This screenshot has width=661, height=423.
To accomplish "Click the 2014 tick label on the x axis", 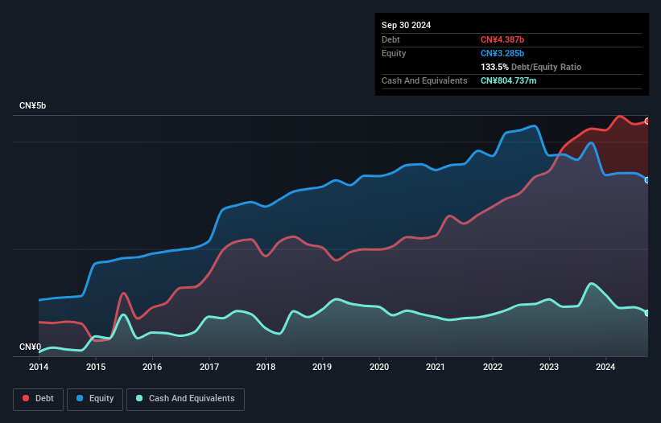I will tap(39, 367).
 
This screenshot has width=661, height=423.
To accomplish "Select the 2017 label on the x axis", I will tap(209, 367).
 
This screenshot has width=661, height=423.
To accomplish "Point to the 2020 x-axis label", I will tap(378, 367).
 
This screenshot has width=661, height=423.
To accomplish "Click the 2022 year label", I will tap(492, 367).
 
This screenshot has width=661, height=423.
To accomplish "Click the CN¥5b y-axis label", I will tap(33, 106).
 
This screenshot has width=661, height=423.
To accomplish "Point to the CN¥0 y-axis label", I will tap(30, 347).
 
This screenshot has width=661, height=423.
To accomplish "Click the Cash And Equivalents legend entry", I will tap(185, 398).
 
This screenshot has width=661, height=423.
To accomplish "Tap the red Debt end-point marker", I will tap(647, 121).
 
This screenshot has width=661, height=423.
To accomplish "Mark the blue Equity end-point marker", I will tap(647, 180).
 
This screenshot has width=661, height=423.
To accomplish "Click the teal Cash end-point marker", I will tap(647, 313).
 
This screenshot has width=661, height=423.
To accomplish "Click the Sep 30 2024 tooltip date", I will tap(406, 25).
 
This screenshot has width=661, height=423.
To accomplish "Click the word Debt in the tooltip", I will tap(390, 39).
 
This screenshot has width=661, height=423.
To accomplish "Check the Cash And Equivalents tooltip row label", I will tap(424, 80).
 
